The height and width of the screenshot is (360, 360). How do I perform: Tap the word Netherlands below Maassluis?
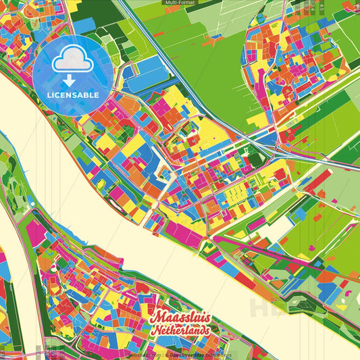click(x=181, y=331)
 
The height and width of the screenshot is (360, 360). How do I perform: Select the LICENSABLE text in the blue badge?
click(x=73, y=94)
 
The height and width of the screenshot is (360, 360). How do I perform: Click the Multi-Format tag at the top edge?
click(x=180, y=3)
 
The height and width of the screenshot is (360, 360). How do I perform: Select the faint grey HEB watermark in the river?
click(x=267, y=307)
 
